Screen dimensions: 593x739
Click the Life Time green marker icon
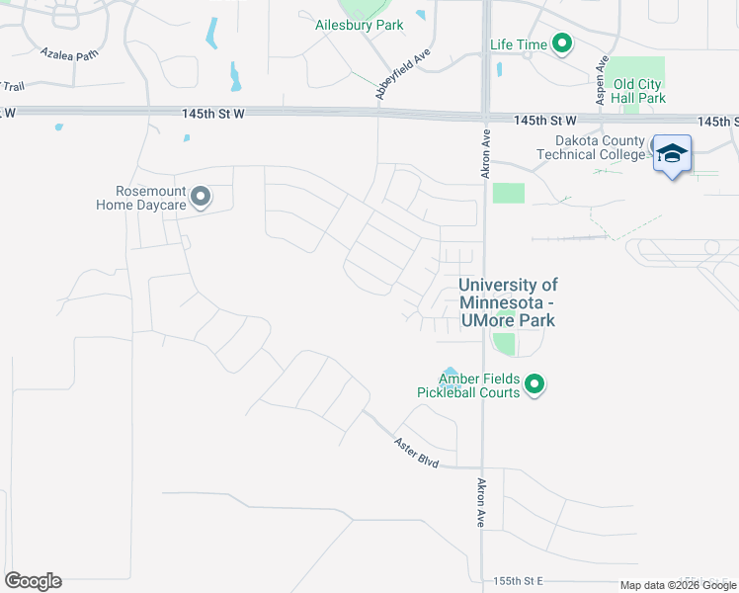(x=562, y=44)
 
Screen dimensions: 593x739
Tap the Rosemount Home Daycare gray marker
(x=201, y=198)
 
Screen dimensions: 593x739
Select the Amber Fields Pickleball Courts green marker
(x=534, y=383)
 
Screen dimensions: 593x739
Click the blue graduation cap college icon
(x=672, y=154)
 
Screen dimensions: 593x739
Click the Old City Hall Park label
(x=639, y=91)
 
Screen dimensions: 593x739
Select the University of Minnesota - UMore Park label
(x=508, y=302)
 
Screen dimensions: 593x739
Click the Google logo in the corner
(x=33, y=581)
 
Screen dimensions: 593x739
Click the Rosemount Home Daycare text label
(x=145, y=198)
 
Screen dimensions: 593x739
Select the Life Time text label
(x=518, y=44)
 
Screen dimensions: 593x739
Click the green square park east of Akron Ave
(x=508, y=193)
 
